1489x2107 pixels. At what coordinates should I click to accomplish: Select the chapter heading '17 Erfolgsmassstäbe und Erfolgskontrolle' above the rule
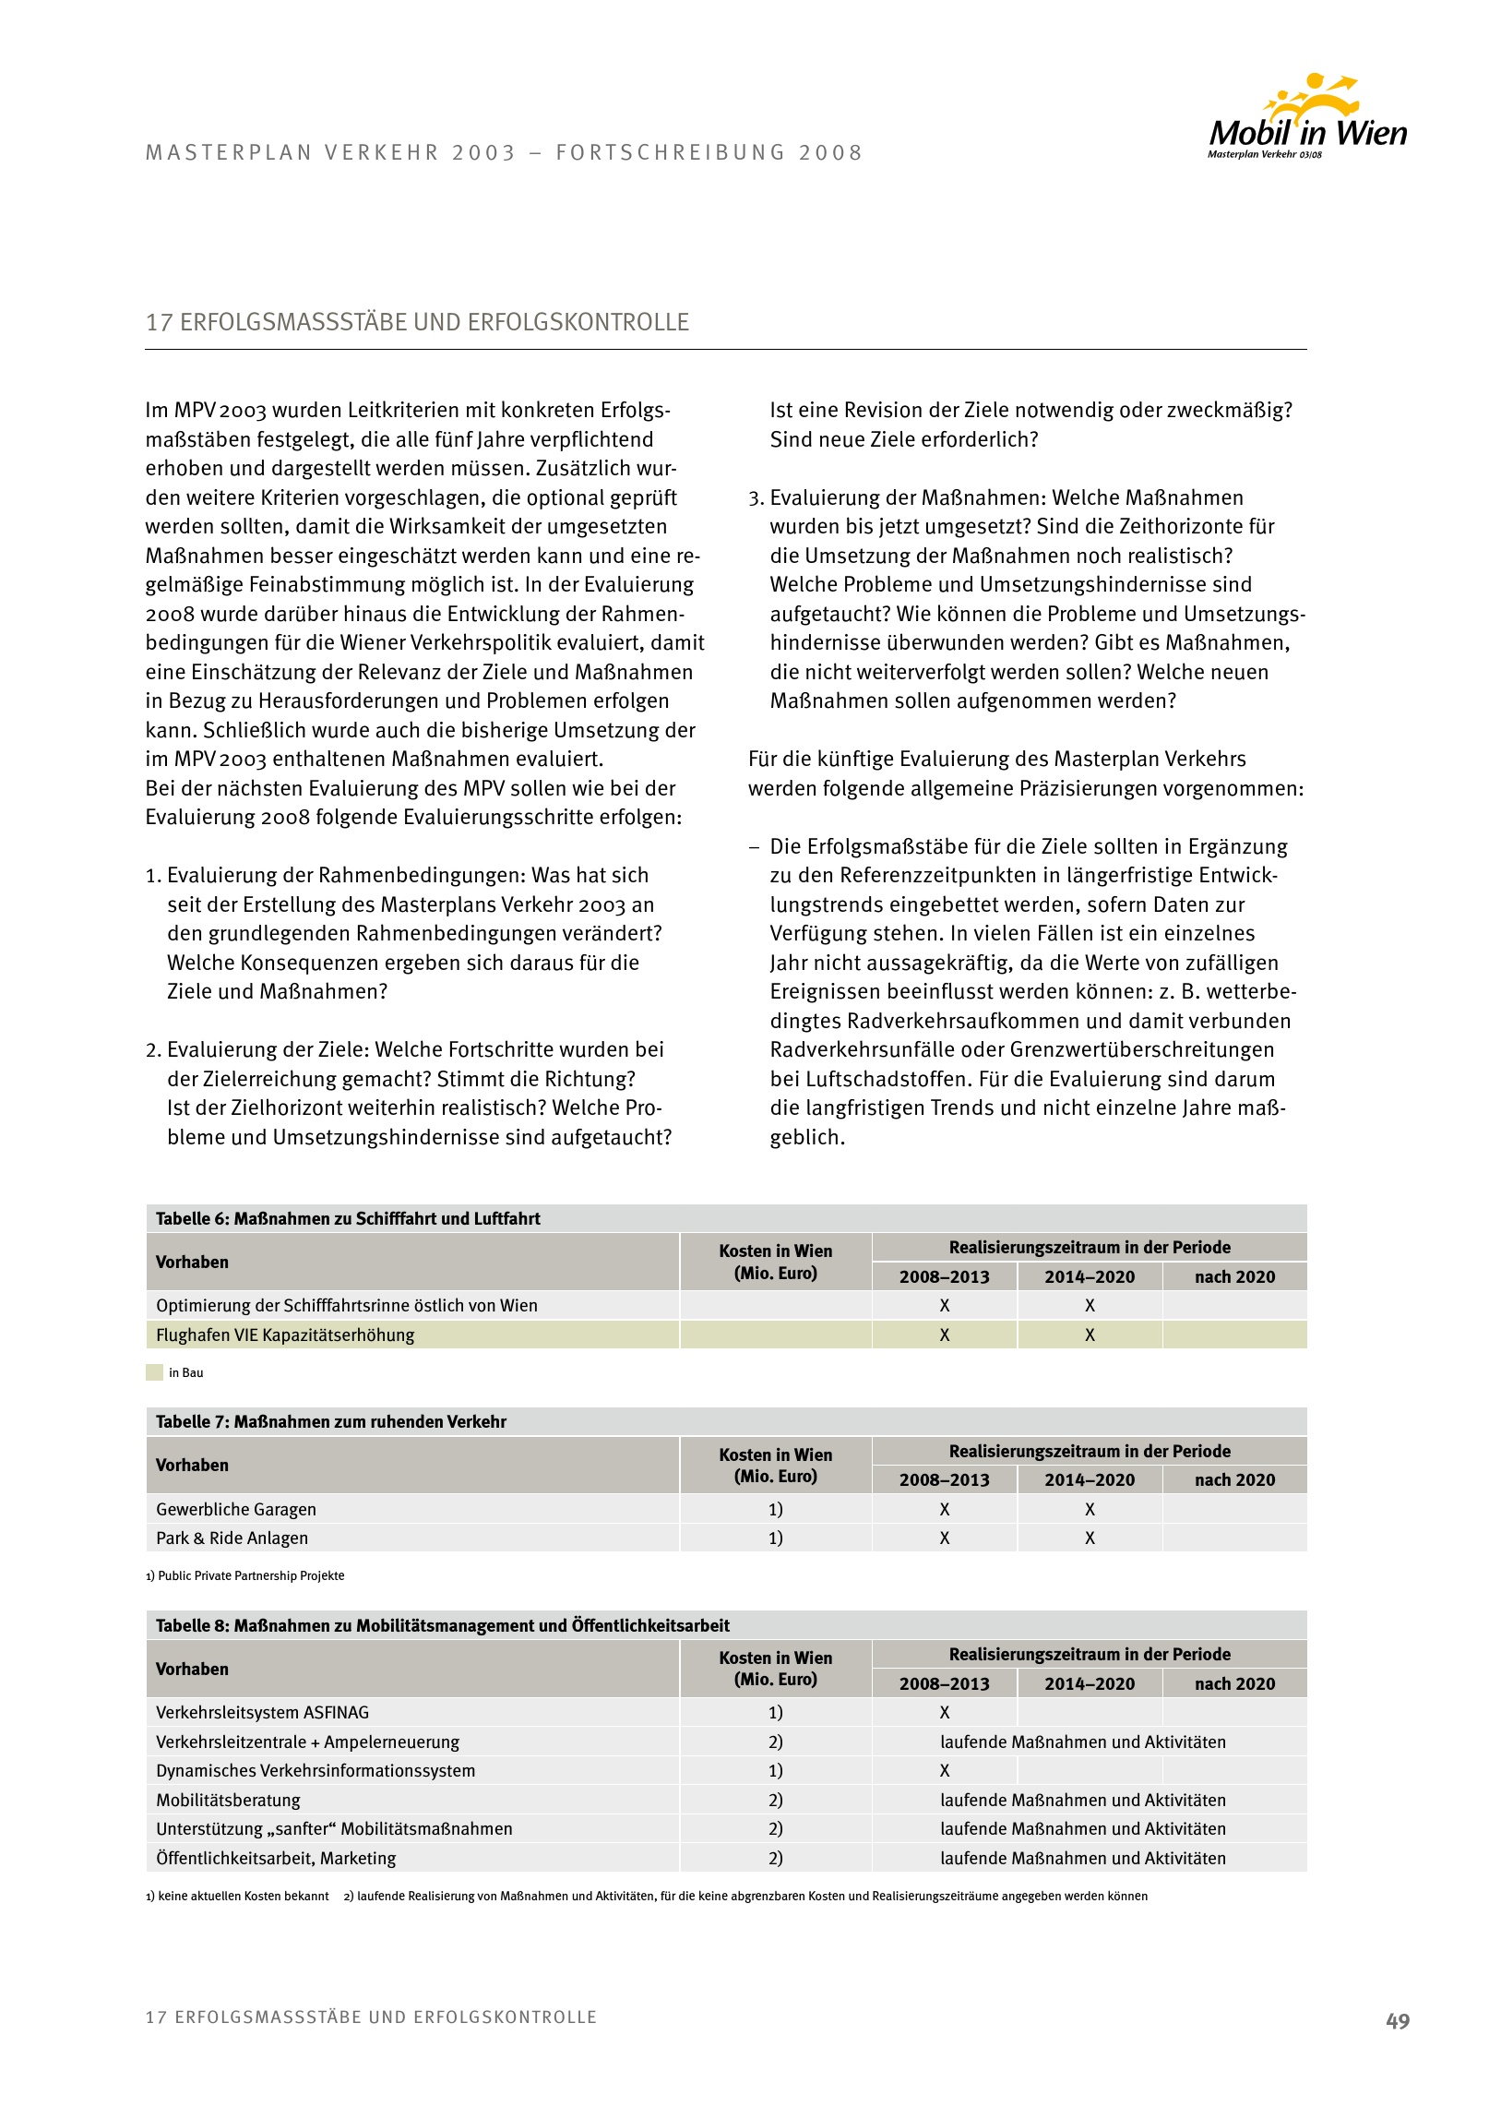(x=417, y=322)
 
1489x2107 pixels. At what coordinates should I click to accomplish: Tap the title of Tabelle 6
(x=348, y=1218)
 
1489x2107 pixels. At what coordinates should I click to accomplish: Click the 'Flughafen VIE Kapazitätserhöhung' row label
(x=285, y=1335)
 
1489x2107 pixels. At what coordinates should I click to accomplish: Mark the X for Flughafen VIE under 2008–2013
(x=944, y=1335)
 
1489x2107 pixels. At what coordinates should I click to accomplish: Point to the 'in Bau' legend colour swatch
(x=154, y=1372)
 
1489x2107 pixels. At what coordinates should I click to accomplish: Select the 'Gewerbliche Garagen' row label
(x=236, y=1509)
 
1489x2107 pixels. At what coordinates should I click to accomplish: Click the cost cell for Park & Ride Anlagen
(x=775, y=1538)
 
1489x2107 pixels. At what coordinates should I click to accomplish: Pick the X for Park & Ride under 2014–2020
(x=1090, y=1538)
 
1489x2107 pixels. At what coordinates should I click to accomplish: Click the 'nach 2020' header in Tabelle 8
(x=1234, y=1683)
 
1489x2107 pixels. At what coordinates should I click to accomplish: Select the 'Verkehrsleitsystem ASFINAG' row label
(x=262, y=1712)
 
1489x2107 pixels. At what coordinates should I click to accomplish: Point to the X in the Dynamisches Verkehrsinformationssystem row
(x=944, y=1770)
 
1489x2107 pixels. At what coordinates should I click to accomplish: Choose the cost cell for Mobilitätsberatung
(x=775, y=1800)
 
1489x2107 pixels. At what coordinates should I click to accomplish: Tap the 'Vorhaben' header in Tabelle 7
(x=192, y=1465)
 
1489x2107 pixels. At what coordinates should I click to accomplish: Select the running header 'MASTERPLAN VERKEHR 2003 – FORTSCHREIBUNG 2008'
(x=504, y=152)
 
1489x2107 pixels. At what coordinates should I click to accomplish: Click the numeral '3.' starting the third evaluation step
(x=756, y=498)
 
